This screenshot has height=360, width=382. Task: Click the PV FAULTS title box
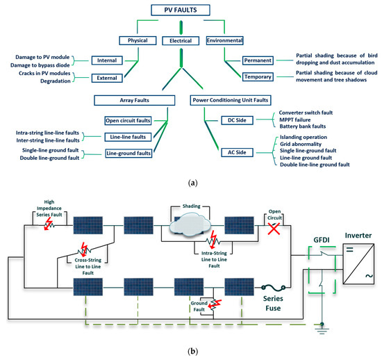click(179, 9)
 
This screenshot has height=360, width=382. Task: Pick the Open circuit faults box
click(128, 120)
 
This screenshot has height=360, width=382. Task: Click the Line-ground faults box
click(128, 152)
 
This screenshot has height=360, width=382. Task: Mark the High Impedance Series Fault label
click(58, 207)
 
